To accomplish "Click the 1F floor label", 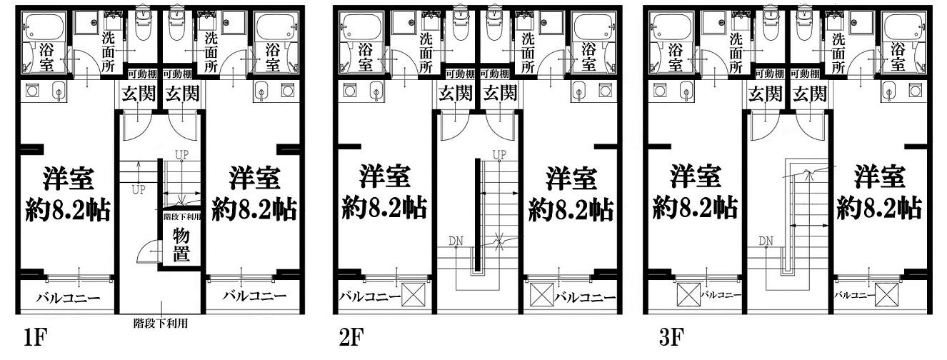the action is pos(35,338).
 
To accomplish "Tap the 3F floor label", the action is pos(671,338).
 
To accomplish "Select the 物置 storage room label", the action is pos(181,246).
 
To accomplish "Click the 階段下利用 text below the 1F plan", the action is pos(161,324).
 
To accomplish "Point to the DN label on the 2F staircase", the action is pos(456,241).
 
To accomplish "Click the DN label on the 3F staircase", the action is pos(766,241).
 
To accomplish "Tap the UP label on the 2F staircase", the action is pos(499,155).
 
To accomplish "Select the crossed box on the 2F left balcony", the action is pos(413,294).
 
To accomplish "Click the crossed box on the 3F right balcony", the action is pos(886,294).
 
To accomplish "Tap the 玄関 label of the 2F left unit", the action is pos(456,94).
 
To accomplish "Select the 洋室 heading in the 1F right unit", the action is pos(254,178).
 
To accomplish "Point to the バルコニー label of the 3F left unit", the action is pos(721,295).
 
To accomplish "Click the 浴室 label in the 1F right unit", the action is pos(273,57).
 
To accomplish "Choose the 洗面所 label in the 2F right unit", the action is pos(528,52).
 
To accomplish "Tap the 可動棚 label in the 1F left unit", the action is pos(142,74).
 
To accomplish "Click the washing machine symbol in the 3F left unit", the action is pos(659,91).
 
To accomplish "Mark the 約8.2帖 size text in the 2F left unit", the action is pos(384,208).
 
